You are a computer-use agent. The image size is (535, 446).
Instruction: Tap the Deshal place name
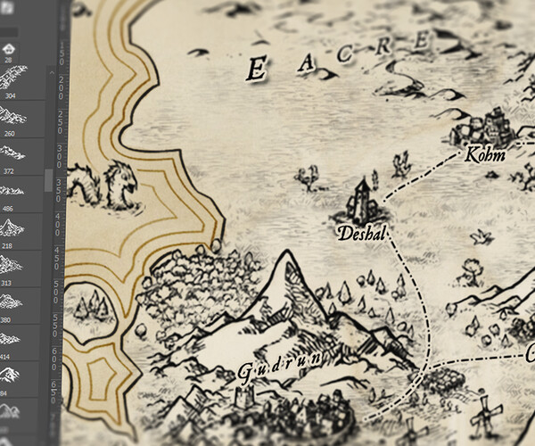(360, 235)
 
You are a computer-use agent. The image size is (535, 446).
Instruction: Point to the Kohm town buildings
(489, 125)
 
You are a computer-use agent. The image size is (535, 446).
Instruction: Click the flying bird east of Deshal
(482, 235)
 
